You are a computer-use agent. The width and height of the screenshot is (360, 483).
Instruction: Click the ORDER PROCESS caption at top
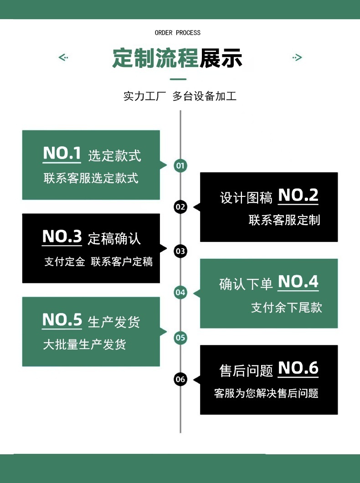point(178,33)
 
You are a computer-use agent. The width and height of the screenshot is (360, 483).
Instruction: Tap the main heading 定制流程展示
point(178,58)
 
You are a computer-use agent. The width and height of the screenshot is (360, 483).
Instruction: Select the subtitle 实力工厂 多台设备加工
point(180,96)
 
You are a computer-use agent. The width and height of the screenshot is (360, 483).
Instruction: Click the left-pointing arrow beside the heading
point(63,57)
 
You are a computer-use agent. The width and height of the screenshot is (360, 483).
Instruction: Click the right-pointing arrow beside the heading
point(297,57)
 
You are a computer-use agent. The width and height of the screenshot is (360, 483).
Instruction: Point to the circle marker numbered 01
point(180,165)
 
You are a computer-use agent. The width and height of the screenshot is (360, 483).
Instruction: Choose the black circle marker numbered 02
point(180,207)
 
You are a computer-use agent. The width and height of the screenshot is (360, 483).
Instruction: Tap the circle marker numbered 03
point(180,251)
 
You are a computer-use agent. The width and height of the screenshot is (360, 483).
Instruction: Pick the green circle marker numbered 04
point(180,293)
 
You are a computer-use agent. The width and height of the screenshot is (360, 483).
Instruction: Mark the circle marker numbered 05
point(180,338)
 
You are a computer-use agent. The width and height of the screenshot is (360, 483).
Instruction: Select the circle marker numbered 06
point(180,379)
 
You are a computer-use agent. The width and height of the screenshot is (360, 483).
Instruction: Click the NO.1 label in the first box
point(62,154)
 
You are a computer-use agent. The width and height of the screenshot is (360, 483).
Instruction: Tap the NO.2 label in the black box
point(298,195)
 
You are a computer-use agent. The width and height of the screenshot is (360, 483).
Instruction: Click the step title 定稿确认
point(114,238)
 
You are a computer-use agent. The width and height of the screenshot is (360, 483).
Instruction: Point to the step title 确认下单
point(246,284)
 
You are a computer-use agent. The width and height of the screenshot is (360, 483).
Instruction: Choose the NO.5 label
point(62,320)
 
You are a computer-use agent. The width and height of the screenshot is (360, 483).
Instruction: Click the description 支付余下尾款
point(286,308)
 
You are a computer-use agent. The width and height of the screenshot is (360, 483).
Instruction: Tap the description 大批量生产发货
point(84,344)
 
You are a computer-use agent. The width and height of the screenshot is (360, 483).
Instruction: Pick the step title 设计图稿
point(246,198)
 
